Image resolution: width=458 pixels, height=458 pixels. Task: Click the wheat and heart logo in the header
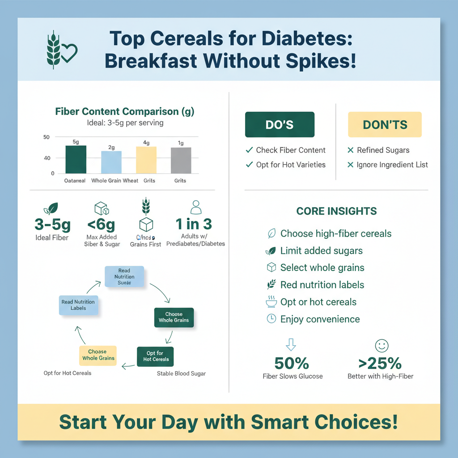pos(62,50)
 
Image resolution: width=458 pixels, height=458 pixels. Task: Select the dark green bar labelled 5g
pos(76,159)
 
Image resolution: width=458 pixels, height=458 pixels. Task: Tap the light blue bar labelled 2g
pos(111,162)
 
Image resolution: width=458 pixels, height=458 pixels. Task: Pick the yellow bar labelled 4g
pos(146,160)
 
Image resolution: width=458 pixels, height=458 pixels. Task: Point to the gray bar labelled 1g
pos(181,160)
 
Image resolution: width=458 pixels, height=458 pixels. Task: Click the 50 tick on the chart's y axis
pos(47,137)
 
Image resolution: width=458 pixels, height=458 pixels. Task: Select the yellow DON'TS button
pos(385,124)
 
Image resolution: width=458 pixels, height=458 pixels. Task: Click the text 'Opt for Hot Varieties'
pos(291,165)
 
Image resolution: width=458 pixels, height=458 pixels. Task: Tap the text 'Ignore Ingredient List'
pos(392,165)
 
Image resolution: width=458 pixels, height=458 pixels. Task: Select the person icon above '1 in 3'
pos(196,207)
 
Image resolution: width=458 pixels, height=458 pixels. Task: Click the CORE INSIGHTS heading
pos(336,211)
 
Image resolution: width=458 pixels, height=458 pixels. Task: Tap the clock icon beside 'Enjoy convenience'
pos(271,319)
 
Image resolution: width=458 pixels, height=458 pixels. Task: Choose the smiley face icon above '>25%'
pos(381,345)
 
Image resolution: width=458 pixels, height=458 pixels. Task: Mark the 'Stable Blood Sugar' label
pos(181,373)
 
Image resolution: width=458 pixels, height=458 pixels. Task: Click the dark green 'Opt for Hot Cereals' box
pos(156,356)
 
